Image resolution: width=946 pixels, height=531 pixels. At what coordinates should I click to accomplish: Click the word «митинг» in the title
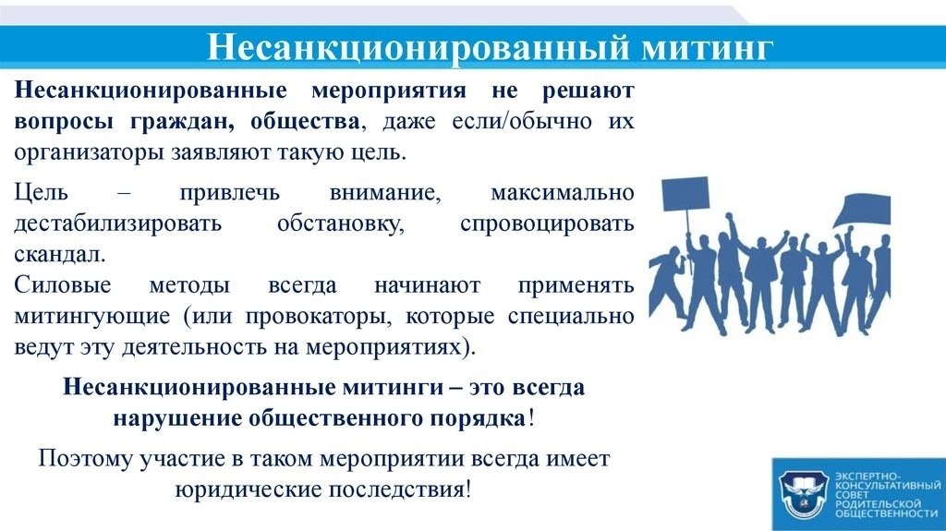(x=707, y=47)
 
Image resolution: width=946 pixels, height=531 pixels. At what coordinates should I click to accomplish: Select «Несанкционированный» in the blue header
(x=418, y=47)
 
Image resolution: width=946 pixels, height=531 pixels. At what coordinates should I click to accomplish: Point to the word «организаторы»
(x=89, y=152)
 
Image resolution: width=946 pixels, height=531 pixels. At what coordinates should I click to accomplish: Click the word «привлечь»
(x=230, y=192)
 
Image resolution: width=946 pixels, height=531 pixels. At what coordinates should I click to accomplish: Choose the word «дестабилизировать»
(x=118, y=223)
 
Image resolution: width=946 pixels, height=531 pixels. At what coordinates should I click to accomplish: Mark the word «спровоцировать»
(x=547, y=223)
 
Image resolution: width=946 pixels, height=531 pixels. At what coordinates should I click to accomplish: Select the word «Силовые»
(x=63, y=284)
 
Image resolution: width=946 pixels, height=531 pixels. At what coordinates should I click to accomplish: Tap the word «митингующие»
(x=92, y=316)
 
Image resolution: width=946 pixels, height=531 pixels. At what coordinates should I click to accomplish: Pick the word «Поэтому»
(x=85, y=459)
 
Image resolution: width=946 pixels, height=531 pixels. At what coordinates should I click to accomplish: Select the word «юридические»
(x=248, y=489)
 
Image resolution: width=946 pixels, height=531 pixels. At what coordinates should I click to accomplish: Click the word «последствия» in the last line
(x=396, y=489)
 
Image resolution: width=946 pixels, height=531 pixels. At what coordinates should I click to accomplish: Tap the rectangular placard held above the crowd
(x=685, y=192)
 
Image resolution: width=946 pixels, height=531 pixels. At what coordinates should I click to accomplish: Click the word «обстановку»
(x=340, y=223)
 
